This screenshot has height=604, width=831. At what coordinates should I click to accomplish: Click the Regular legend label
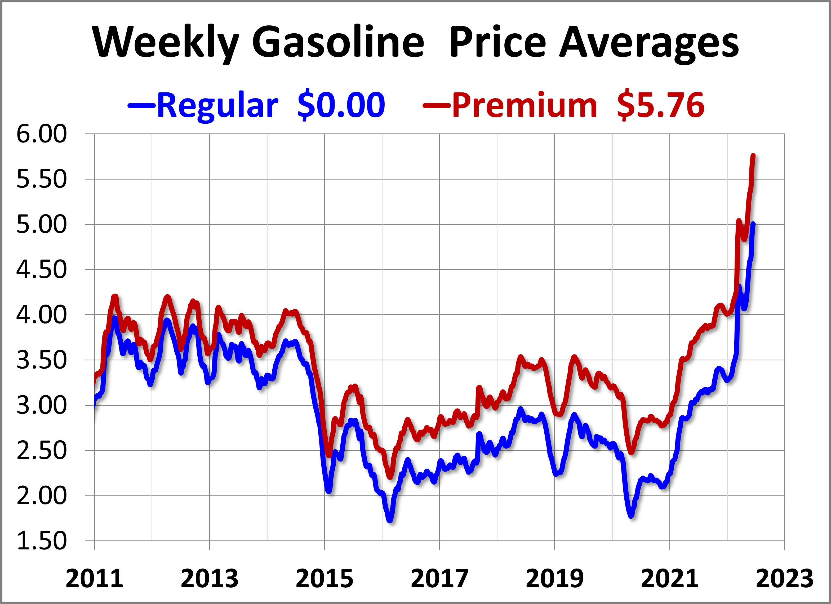click(x=218, y=105)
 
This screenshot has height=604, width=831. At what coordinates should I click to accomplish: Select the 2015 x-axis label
click(x=324, y=579)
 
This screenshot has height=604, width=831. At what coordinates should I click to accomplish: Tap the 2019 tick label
click(x=554, y=579)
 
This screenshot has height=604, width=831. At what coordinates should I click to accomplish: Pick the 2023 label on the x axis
click(x=784, y=579)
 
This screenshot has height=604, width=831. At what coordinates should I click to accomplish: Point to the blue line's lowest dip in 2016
click(x=390, y=520)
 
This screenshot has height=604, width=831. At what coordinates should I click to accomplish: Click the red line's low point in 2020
click(x=631, y=452)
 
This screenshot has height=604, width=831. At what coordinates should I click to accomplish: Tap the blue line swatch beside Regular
click(x=141, y=105)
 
